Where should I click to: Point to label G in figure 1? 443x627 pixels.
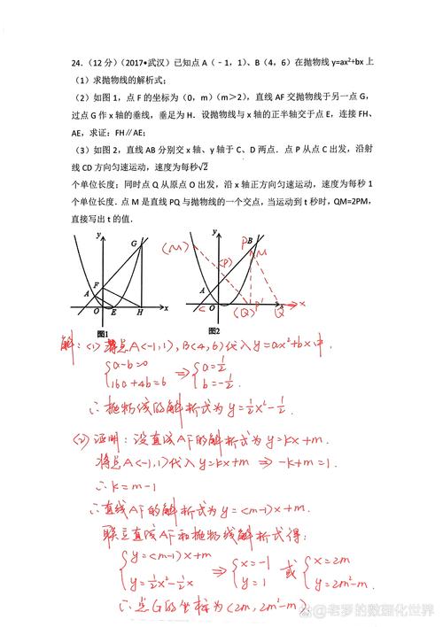[135, 244]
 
